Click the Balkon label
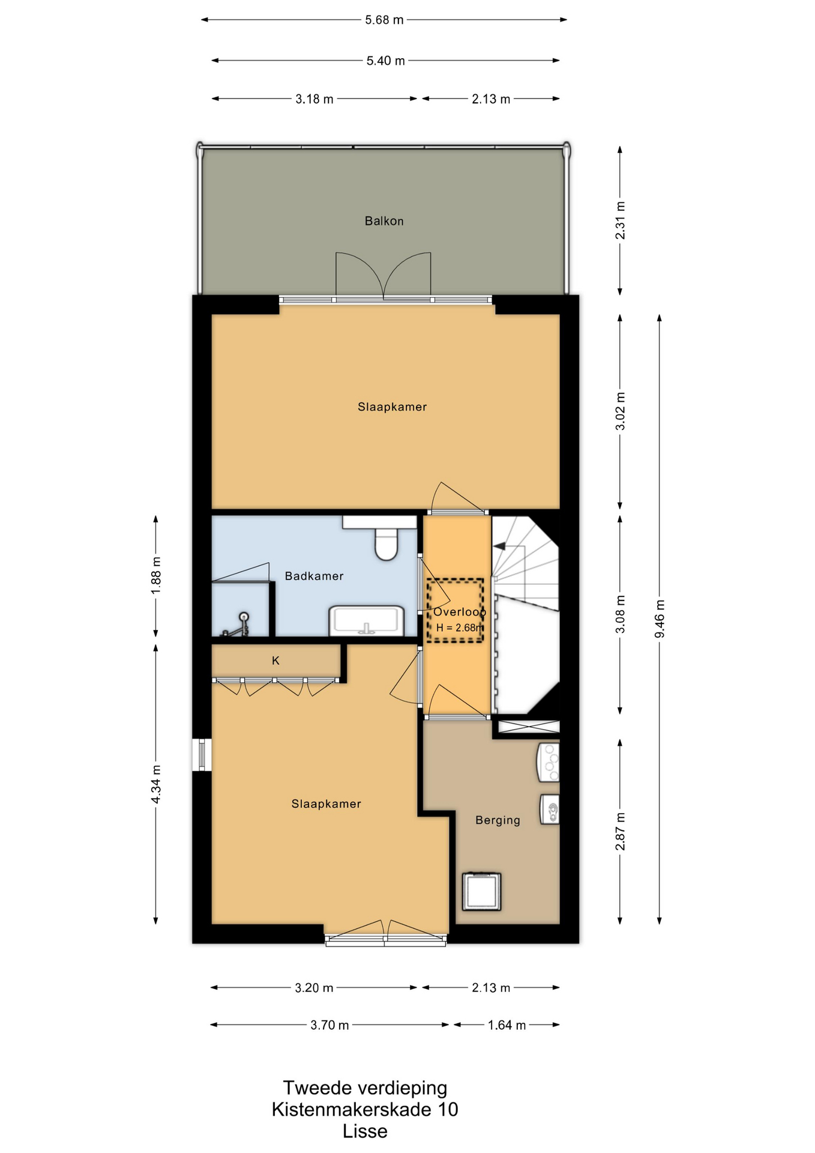pos(384,221)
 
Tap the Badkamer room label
pos(314,576)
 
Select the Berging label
pos(498,820)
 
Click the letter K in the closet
pos(276,661)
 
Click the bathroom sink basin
pos(366,620)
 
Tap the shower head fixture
pos(244,617)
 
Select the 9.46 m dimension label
pos(660,619)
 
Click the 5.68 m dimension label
pos(385,20)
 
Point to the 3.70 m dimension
pos(329,1025)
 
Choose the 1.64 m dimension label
pos(507,1025)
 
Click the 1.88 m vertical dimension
pos(156,576)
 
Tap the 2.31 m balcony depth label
pos(621,220)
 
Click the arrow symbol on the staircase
pos(499,546)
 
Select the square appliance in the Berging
pos(481,891)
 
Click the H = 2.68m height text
pos(460,628)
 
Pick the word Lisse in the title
pos(365,1131)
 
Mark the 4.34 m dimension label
pos(156,784)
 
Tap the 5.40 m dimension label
pos(386,61)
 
